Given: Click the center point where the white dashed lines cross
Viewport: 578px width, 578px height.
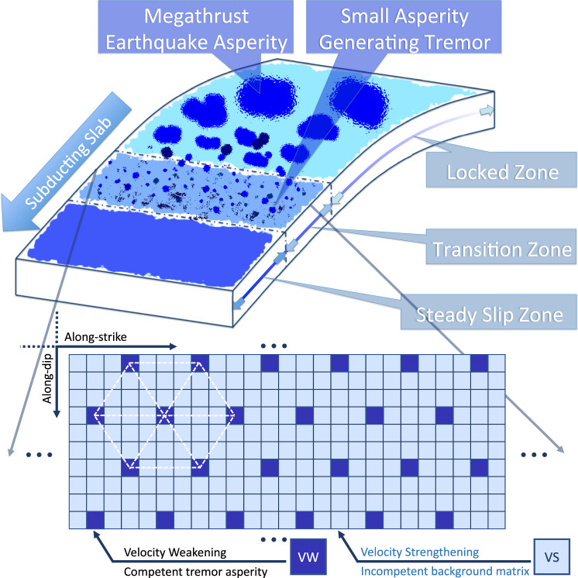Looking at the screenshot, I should (x=165, y=415).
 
